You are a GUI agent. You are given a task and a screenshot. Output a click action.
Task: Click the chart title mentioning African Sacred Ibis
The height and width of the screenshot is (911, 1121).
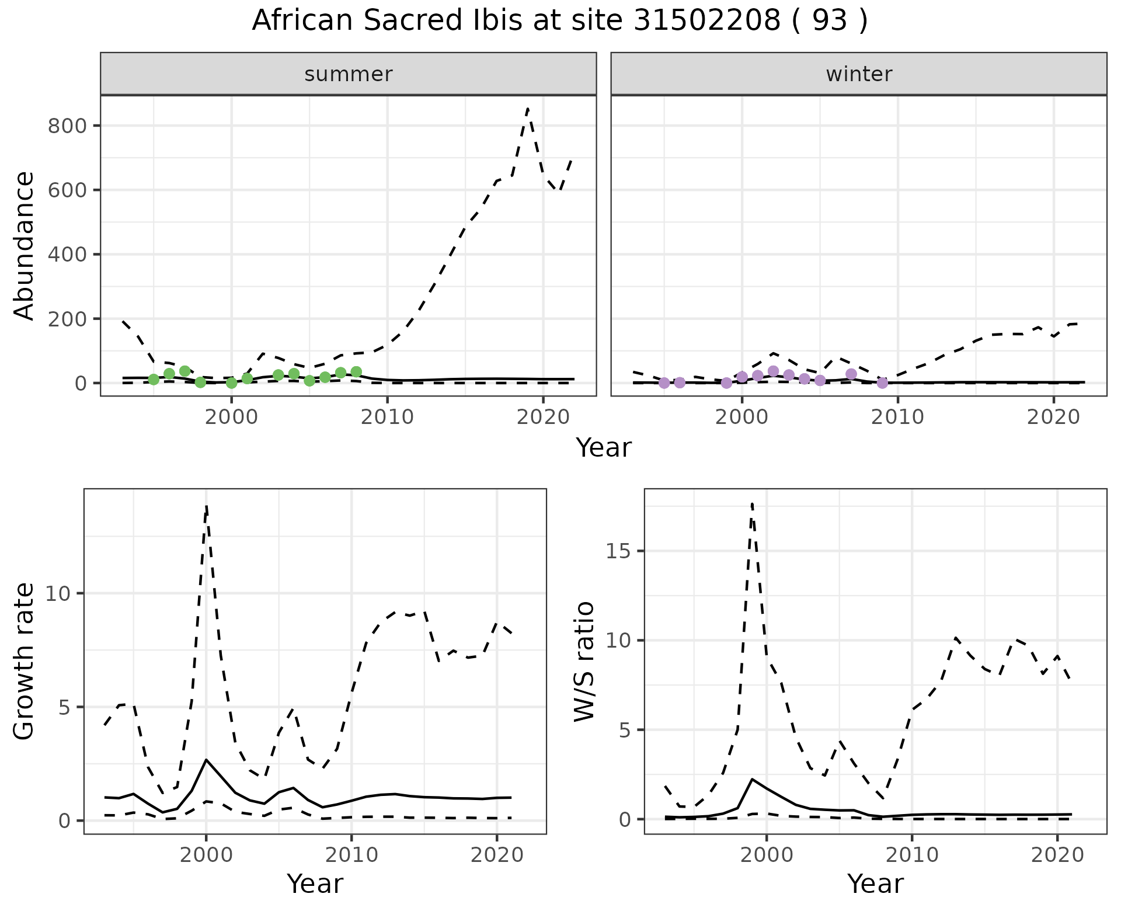[559, 21]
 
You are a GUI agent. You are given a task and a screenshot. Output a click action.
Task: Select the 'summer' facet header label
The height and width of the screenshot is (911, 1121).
[348, 74]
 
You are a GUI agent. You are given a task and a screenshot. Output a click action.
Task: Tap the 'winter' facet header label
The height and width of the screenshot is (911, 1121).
[858, 74]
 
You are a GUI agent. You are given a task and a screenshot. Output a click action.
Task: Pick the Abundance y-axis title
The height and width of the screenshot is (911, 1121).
[24, 245]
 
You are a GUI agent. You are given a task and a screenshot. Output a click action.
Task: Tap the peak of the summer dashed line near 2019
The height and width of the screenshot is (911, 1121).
[528, 108]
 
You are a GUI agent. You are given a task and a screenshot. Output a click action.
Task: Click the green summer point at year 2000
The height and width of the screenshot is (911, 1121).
[232, 383]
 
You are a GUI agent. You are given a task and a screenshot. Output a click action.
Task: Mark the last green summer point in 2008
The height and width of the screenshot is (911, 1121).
[356, 372]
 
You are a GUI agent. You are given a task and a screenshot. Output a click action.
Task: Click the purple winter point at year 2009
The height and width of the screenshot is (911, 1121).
[882, 383]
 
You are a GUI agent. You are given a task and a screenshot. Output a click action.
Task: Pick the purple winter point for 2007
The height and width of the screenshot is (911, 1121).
[851, 374]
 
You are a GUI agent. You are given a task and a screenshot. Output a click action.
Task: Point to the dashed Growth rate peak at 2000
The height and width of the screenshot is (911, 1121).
[206, 507]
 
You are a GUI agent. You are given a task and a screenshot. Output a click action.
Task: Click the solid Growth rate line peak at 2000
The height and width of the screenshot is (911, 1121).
[206, 759]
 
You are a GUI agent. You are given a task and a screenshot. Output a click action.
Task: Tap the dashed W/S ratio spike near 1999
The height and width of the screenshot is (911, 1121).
[752, 503]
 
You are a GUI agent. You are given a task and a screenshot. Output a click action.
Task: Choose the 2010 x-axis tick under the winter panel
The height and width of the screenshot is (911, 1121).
[897, 417]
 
